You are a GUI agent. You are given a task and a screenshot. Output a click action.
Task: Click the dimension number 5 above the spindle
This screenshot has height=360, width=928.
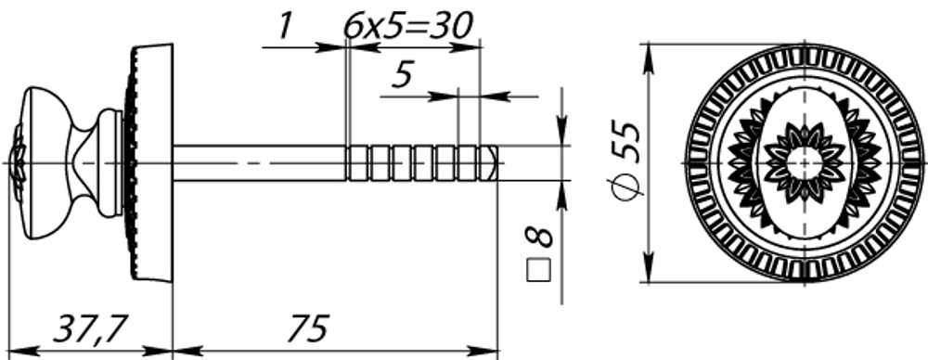point(401,74)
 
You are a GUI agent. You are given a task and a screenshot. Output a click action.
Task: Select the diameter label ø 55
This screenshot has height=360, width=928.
point(627,160)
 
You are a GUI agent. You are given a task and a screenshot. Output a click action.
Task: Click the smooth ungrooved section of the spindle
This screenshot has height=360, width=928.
point(260,162)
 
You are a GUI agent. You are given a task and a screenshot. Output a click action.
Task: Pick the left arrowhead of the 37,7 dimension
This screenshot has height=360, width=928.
point(20,351)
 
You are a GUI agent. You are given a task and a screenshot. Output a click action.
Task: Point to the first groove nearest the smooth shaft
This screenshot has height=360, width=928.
point(350,162)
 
